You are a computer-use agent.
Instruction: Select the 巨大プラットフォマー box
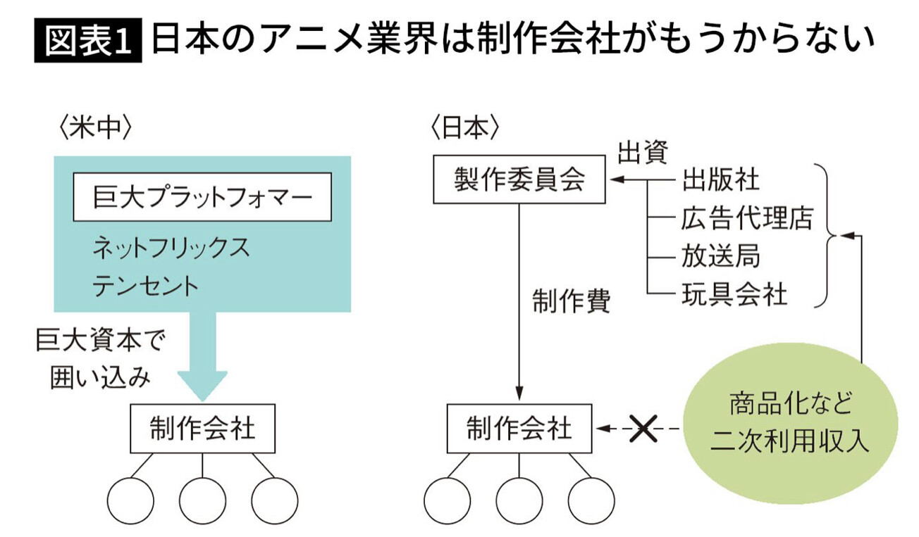coord(202,197)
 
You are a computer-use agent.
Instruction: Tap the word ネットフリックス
coord(171,248)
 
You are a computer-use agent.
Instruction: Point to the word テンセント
coord(145,286)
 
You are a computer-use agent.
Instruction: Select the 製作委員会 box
coord(519,180)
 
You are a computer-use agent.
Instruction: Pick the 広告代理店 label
coord(746,218)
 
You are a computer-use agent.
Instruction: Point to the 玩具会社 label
coord(734,293)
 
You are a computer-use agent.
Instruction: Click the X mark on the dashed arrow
coord(642,428)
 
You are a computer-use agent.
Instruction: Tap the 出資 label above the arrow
coord(642,151)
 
